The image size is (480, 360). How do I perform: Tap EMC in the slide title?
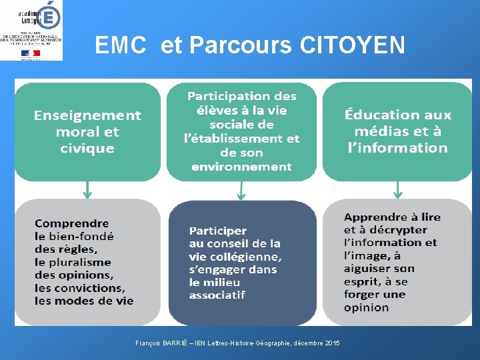point(121,45)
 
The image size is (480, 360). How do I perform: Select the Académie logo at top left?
point(32,31)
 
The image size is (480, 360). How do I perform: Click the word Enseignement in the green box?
point(87,115)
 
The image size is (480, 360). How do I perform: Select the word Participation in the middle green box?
point(242,96)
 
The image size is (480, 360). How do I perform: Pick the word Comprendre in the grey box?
point(71,223)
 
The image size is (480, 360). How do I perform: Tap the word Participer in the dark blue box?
point(218,231)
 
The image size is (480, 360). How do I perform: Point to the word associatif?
point(217,295)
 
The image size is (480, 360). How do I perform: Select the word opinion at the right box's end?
point(366,307)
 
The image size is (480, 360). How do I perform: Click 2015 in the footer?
point(332,343)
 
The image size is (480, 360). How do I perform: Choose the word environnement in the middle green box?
point(241,167)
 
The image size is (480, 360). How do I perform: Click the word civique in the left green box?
point(87,148)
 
